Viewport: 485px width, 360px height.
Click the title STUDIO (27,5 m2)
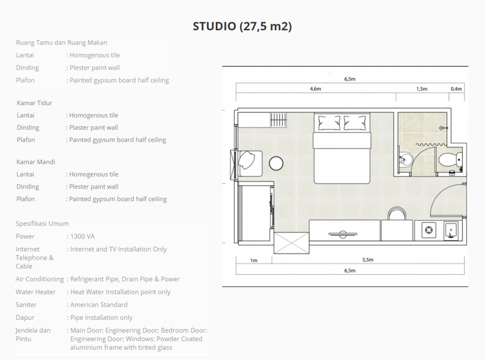click(x=242, y=26)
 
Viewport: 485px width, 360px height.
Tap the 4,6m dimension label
click(x=315, y=89)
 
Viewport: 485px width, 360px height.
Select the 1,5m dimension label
click(x=422, y=89)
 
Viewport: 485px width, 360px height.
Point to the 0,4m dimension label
click(x=456, y=89)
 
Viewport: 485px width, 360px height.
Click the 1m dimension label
click(x=254, y=261)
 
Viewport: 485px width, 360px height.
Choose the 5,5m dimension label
click(x=368, y=260)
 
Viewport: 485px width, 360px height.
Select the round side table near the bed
click(x=276, y=163)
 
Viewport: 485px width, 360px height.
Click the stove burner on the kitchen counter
click(x=429, y=230)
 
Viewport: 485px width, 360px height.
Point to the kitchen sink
click(x=451, y=231)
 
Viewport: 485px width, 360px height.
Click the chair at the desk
click(x=397, y=214)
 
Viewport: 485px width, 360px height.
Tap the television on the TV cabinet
click(x=343, y=234)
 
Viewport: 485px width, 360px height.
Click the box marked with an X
click(x=292, y=243)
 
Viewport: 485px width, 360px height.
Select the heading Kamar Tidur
click(x=34, y=103)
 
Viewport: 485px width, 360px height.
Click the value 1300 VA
click(x=82, y=236)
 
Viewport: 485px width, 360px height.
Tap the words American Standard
click(x=99, y=305)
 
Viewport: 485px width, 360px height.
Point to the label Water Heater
click(x=36, y=292)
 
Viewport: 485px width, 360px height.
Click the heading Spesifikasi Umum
click(x=42, y=224)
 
